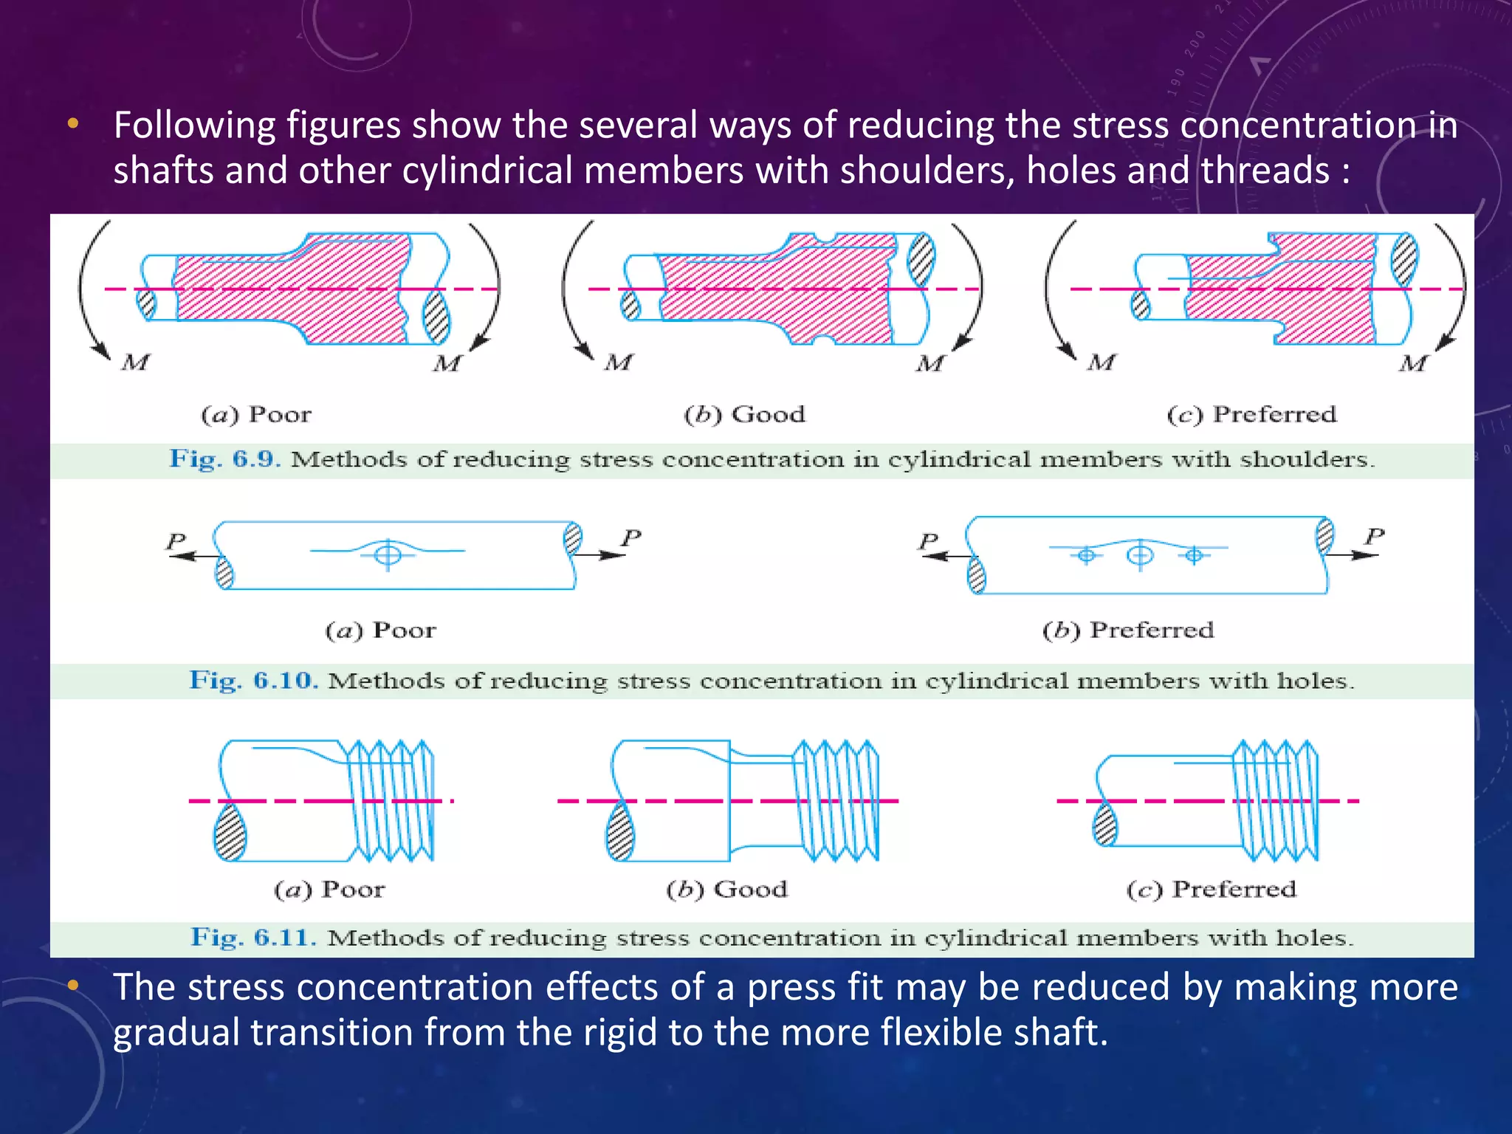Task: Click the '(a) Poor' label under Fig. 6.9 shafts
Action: pyautogui.click(x=256, y=415)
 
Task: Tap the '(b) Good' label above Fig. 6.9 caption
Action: pyautogui.click(x=744, y=415)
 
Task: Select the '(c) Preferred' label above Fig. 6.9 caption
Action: pyautogui.click(x=1252, y=415)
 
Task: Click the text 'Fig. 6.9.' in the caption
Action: pyautogui.click(x=224, y=459)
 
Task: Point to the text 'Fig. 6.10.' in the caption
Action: pyautogui.click(x=253, y=681)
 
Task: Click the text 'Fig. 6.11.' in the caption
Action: pyautogui.click(x=253, y=938)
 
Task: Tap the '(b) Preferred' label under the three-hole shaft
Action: pyautogui.click(x=1128, y=630)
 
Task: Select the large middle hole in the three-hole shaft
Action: pyautogui.click(x=1140, y=554)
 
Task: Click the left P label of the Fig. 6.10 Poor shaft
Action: pyautogui.click(x=176, y=540)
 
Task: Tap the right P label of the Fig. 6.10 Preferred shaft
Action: pyautogui.click(x=1374, y=535)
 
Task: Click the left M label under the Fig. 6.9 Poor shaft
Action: pyautogui.click(x=136, y=362)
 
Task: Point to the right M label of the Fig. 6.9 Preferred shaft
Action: pyautogui.click(x=1412, y=363)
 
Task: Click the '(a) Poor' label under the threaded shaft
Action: pyautogui.click(x=329, y=890)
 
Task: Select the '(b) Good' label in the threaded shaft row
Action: pyautogui.click(x=726, y=890)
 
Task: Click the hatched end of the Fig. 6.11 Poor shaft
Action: pyautogui.click(x=230, y=832)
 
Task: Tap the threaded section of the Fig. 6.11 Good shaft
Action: pyautogui.click(x=836, y=801)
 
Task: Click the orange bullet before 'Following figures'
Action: pyautogui.click(x=72, y=124)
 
